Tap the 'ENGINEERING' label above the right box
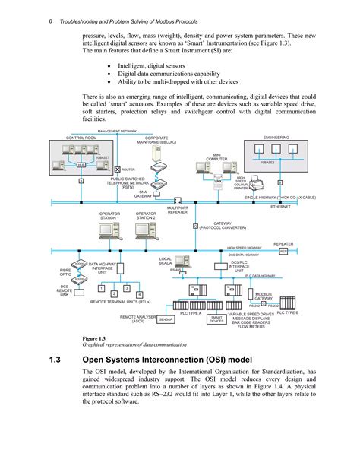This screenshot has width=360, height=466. [x=276, y=137]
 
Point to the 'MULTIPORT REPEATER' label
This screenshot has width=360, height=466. [x=177, y=209]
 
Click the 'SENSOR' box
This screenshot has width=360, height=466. [x=166, y=320]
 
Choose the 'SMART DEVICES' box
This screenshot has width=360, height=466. [x=195, y=320]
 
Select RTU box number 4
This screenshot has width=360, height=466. [x=139, y=294]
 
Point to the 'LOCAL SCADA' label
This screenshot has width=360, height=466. [x=166, y=262]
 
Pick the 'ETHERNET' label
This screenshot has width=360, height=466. [x=280, y=206]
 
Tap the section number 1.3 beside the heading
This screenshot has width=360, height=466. [x=54, y=360]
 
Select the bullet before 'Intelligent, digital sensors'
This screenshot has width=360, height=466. [x=112, y=66]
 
